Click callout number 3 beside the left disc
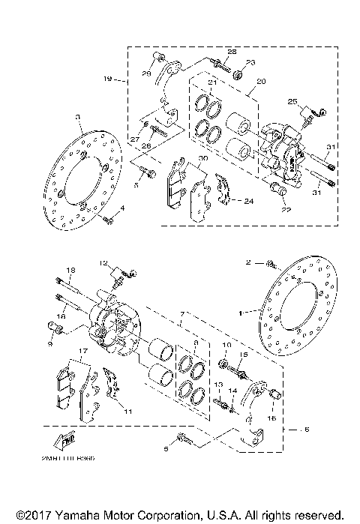pos(77,117)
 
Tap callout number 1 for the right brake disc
pos(241,309)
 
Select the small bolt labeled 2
pos(271,263)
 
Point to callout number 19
pos(107,77)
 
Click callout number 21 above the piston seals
pos(212,82)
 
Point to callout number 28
pos(231,52)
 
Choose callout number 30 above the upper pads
pos(202,158)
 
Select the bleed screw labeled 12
pos(118,281)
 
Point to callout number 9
pos(49,343)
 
